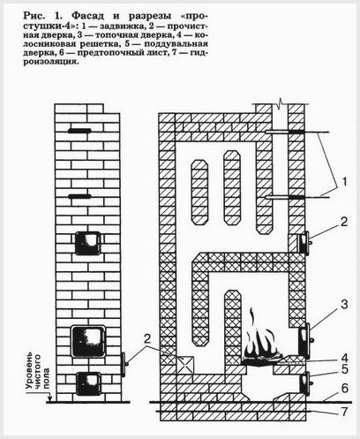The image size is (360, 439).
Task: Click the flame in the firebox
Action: tap(261, 338)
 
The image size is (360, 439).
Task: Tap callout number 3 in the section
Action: tap(344, 305)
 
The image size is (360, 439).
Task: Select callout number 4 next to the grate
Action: tap(344, 358)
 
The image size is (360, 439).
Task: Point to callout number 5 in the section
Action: tap(344, 369)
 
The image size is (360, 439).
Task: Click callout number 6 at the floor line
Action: tap(344, 389)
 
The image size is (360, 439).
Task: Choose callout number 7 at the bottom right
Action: tap(344, 411)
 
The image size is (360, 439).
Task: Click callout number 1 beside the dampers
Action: tap(344, 182)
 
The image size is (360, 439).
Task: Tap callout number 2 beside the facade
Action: tap(147, 339)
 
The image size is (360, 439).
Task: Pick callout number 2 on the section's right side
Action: tap(344, 222)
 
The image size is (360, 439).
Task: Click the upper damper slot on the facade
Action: tap(79, 131)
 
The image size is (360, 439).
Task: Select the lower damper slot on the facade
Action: tap(79, 196)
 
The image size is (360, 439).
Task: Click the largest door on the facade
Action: tap(88, 341)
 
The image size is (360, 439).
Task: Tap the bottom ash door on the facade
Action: tap(88, 383)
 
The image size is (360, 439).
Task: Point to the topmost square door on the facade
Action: tap(88, 243)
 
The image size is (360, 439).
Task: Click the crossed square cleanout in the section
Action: tap(185, 366)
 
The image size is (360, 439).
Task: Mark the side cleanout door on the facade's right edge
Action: tap(124, 365)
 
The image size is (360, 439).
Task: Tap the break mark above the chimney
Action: tap(280, 103)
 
